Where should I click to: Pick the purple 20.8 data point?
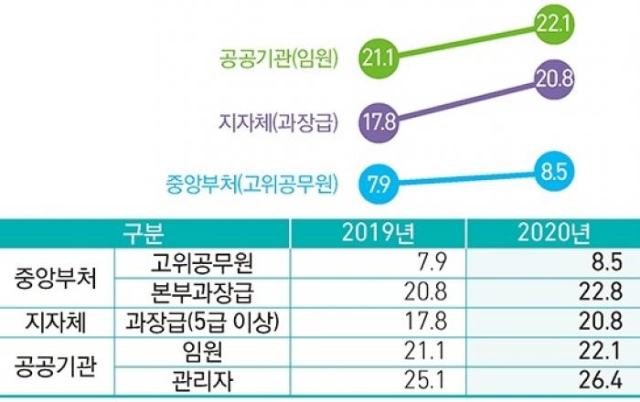pos(554,79)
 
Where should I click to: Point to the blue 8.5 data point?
pos(554,170)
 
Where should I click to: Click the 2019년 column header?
pos(376,232)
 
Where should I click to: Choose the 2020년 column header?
pos(551,232)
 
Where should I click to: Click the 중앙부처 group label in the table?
pos(54,278)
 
